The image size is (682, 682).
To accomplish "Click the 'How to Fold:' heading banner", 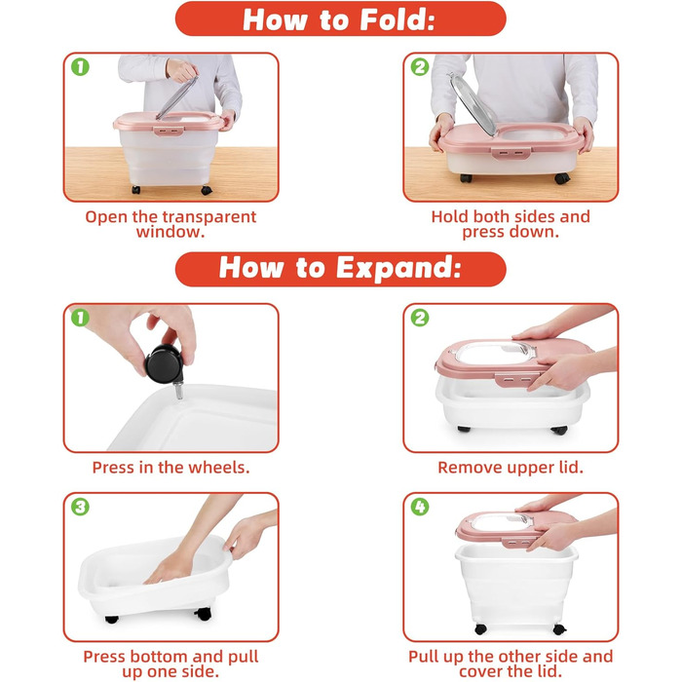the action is coord(341,19).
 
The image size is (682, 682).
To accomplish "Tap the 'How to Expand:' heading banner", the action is coord(341,269).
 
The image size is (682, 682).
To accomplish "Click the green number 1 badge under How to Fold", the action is coord(81,67).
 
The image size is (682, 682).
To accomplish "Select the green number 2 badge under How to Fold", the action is coord(420,67).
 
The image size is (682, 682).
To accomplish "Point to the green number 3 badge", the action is coord(81,507).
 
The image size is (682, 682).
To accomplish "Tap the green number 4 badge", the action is coord(420,507).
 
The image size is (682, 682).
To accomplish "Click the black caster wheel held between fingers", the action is coord(163,363).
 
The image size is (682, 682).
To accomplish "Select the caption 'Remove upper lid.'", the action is coord(511,467).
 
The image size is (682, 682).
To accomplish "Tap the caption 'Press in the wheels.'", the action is coord(170,467).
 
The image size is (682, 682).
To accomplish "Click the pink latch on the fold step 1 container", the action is coord(168,131).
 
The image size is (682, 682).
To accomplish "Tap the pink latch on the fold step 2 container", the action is coord(511,153).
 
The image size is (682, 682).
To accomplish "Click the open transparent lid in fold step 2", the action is coord(473,104).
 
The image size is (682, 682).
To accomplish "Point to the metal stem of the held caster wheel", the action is coord(178,390).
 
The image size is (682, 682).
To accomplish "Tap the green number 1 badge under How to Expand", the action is coord(81,318).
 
